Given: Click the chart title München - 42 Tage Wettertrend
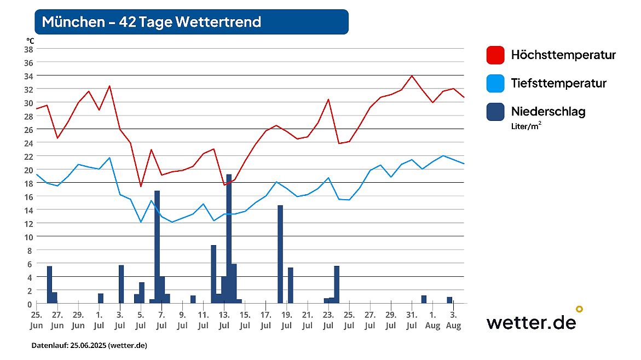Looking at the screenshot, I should (152, 22).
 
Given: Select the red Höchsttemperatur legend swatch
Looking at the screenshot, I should (495, 55).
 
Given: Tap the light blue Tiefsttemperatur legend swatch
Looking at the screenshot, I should (495, 84).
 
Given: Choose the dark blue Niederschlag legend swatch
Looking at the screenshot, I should (495, 112).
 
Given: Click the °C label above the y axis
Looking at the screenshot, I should (30, 40).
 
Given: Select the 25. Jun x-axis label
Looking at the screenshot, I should (36, 320).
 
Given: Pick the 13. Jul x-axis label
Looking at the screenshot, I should (224, 320).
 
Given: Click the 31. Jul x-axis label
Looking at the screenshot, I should (412, 320).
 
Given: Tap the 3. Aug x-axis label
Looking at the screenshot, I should (453, 320).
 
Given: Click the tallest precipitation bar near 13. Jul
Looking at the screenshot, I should (229, 239).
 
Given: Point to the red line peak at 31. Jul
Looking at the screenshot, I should (412, 76).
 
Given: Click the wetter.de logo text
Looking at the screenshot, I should (531, 322).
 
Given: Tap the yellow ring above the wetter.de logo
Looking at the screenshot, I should (579, 309).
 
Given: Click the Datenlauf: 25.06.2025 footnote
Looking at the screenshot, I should (89, 346).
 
